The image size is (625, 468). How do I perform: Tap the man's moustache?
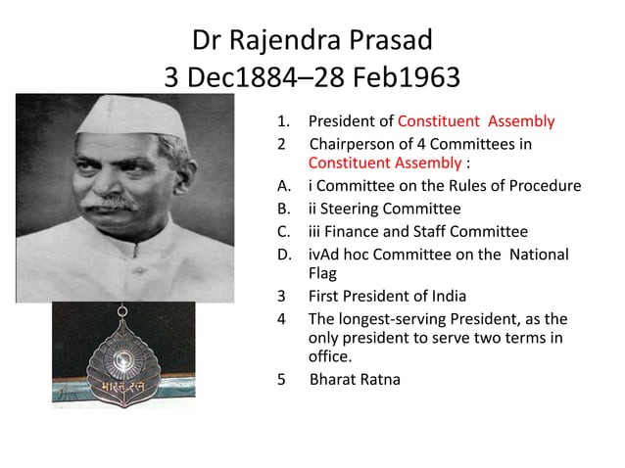coord(107,203)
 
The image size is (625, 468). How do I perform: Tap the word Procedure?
coord(545,186)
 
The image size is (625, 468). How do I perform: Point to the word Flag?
coord(323,274)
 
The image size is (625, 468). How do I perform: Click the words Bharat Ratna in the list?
coord(355,379)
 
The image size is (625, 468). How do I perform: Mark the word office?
coord(330,357)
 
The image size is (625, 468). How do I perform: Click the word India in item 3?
coord(446,296)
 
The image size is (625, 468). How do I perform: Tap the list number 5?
coord(282,379)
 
